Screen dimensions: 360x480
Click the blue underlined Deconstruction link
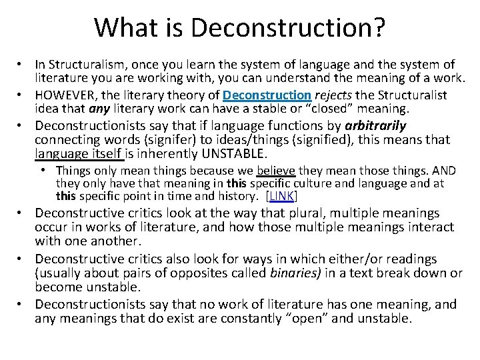267,95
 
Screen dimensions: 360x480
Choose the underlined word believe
276,171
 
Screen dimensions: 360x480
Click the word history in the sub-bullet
241,196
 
